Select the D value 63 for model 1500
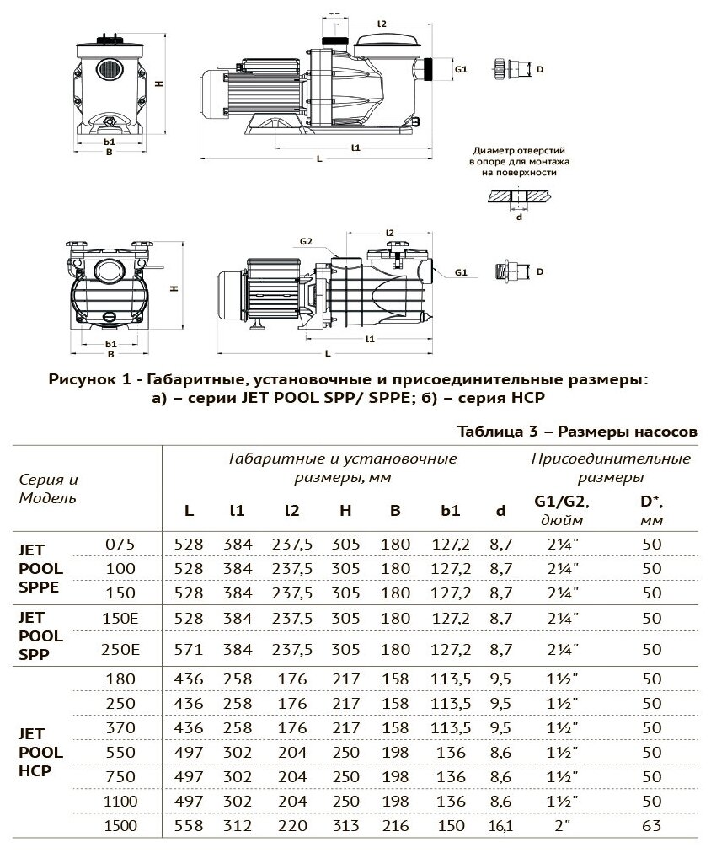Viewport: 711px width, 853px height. pos(651,828)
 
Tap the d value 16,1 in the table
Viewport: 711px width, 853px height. pos(500,828)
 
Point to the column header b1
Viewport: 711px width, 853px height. pos(446,511)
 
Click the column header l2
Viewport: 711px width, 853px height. pos(291,511)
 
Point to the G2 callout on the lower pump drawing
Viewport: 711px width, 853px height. pos(307,242)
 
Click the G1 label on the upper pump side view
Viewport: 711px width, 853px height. pos(460,67)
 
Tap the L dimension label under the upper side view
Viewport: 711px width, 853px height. pos(318,158)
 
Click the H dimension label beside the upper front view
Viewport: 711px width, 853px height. pos(158,83)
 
